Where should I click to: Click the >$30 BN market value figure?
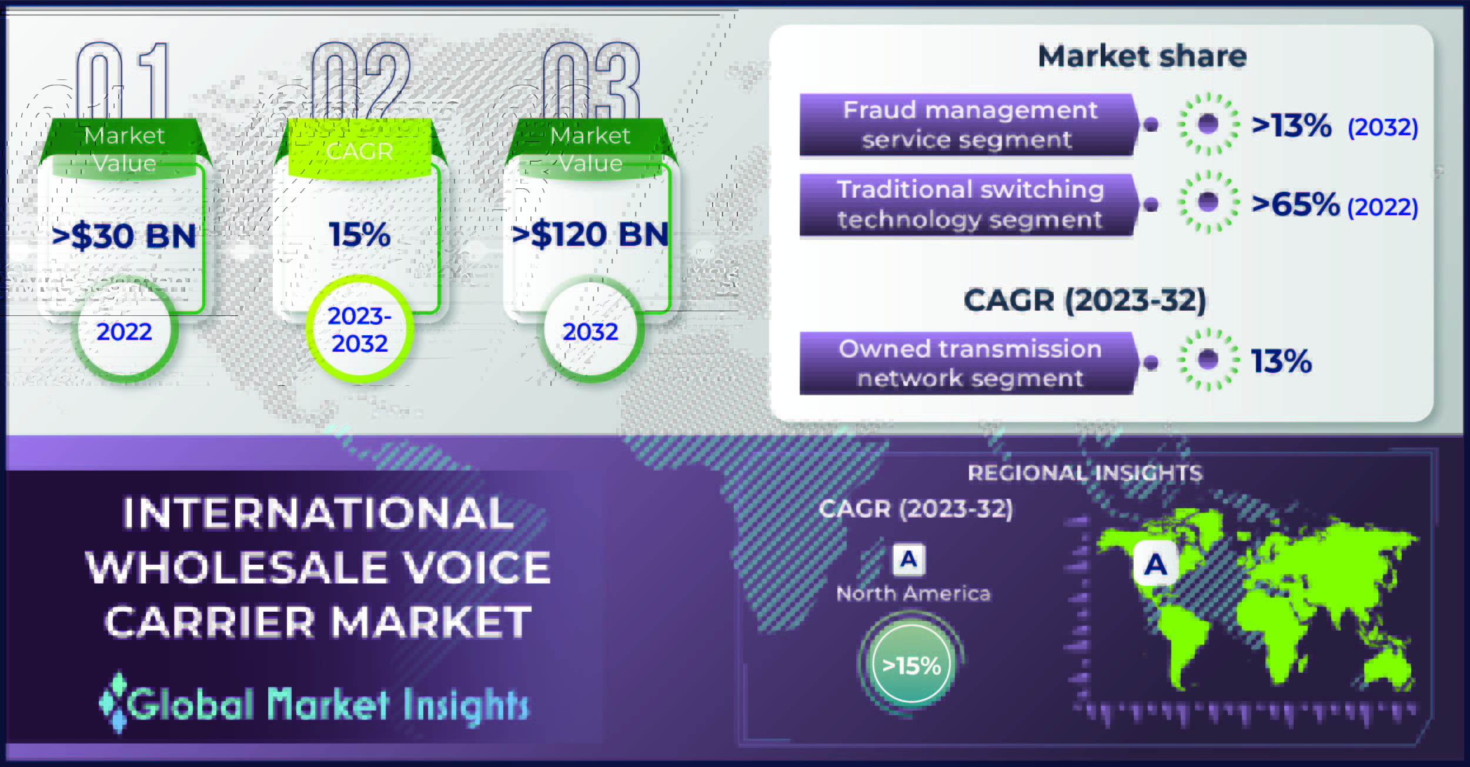[124, 236]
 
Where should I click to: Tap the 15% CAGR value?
[359, 235]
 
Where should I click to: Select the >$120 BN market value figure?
[590, 235]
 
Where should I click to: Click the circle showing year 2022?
[124, 331]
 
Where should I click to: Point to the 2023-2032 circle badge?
[359, 329]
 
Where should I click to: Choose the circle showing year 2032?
[590, 331]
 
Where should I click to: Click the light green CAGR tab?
[359, 149]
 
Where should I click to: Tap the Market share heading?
[1142, 56]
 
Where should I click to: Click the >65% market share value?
[1295, 204]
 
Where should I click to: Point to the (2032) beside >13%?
[1382, 127]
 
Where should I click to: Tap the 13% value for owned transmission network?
[1281, 361]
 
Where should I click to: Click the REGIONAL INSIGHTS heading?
[1085, 473]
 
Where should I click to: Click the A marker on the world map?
[1155, 564]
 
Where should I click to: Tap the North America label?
[913, 593]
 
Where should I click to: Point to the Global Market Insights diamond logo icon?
[112, 702]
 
